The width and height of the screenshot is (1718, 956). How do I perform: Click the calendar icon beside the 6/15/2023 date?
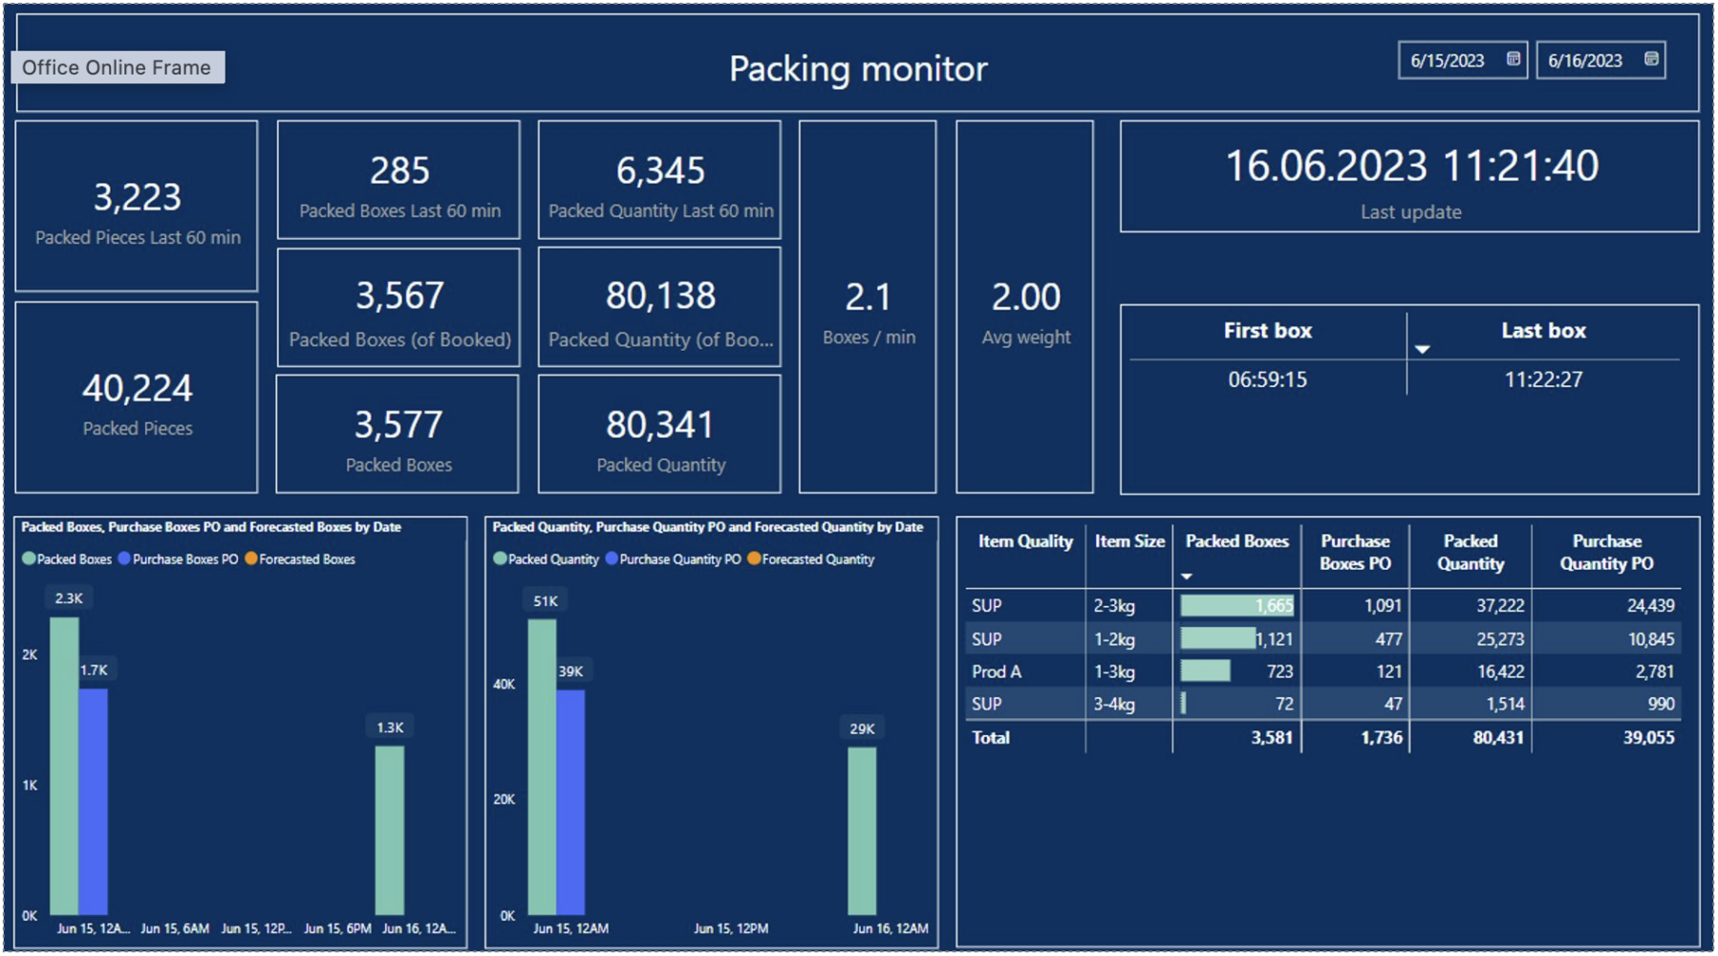(1513, 59)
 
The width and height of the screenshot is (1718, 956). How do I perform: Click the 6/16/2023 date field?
(1585, 60)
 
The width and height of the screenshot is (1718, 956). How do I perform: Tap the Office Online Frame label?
(118, 68)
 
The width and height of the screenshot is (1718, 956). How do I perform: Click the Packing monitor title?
(857, 69)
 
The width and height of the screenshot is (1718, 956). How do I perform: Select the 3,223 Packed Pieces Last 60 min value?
(137, 198)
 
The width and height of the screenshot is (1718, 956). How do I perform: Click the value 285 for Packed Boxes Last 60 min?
(399, 171)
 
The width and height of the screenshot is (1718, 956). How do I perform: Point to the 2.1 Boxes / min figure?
(868, 297)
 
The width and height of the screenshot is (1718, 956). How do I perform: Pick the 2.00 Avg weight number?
(1025, 297)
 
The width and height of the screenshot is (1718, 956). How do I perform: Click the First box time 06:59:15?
(1267, 380)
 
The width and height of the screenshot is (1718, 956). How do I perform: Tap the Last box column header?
(1542, 331)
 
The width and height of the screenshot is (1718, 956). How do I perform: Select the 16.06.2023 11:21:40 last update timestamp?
(1410, 166)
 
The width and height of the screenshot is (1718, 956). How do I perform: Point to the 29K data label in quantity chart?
(862, 728)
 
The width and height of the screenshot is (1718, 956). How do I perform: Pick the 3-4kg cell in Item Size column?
(1114, 704)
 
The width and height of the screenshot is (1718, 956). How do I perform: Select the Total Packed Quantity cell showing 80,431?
(1497, 737)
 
